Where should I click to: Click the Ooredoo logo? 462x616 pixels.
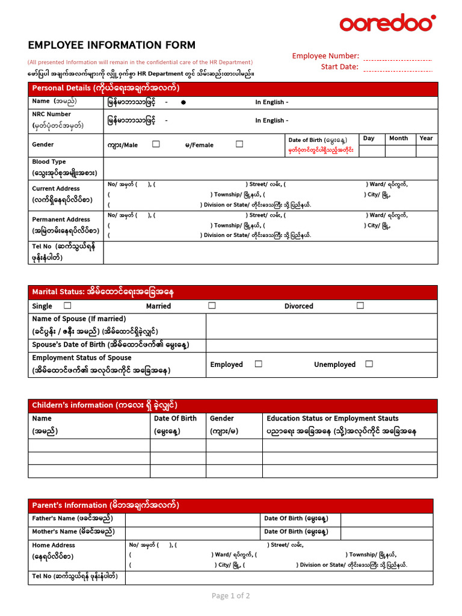pos(387,23)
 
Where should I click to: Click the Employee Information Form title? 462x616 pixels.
pos(112,45)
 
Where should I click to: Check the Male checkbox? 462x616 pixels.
pos(156,144)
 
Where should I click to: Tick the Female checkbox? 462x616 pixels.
pos(239,144)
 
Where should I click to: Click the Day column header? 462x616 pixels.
pos(369,138)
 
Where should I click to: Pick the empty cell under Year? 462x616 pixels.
pos(426,150)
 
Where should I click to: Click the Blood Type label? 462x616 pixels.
pos(49,162)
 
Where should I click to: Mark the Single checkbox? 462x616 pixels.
pos(67,306)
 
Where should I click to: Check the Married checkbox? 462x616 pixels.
pos(212,306)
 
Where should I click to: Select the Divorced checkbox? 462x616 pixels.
pos(360,306)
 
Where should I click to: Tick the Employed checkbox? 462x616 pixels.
pos(258,364)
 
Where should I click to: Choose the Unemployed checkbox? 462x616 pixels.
pos(369,364)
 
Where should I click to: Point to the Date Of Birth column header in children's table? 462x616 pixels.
pos(175,419)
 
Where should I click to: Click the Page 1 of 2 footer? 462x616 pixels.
pos(230,596)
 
